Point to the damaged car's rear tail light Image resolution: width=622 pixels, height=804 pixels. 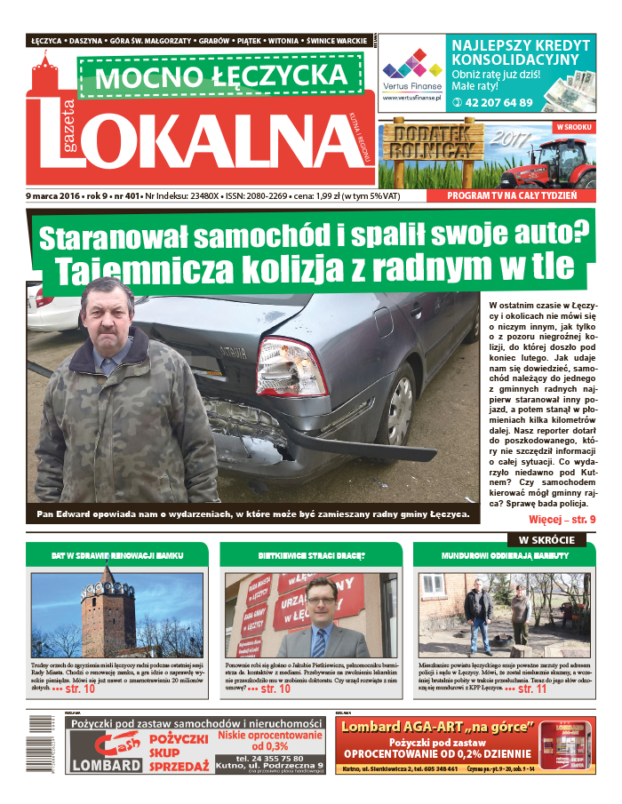(x=291, y=366)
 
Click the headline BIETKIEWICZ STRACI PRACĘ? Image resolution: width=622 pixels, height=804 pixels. (x=311, y=555)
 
